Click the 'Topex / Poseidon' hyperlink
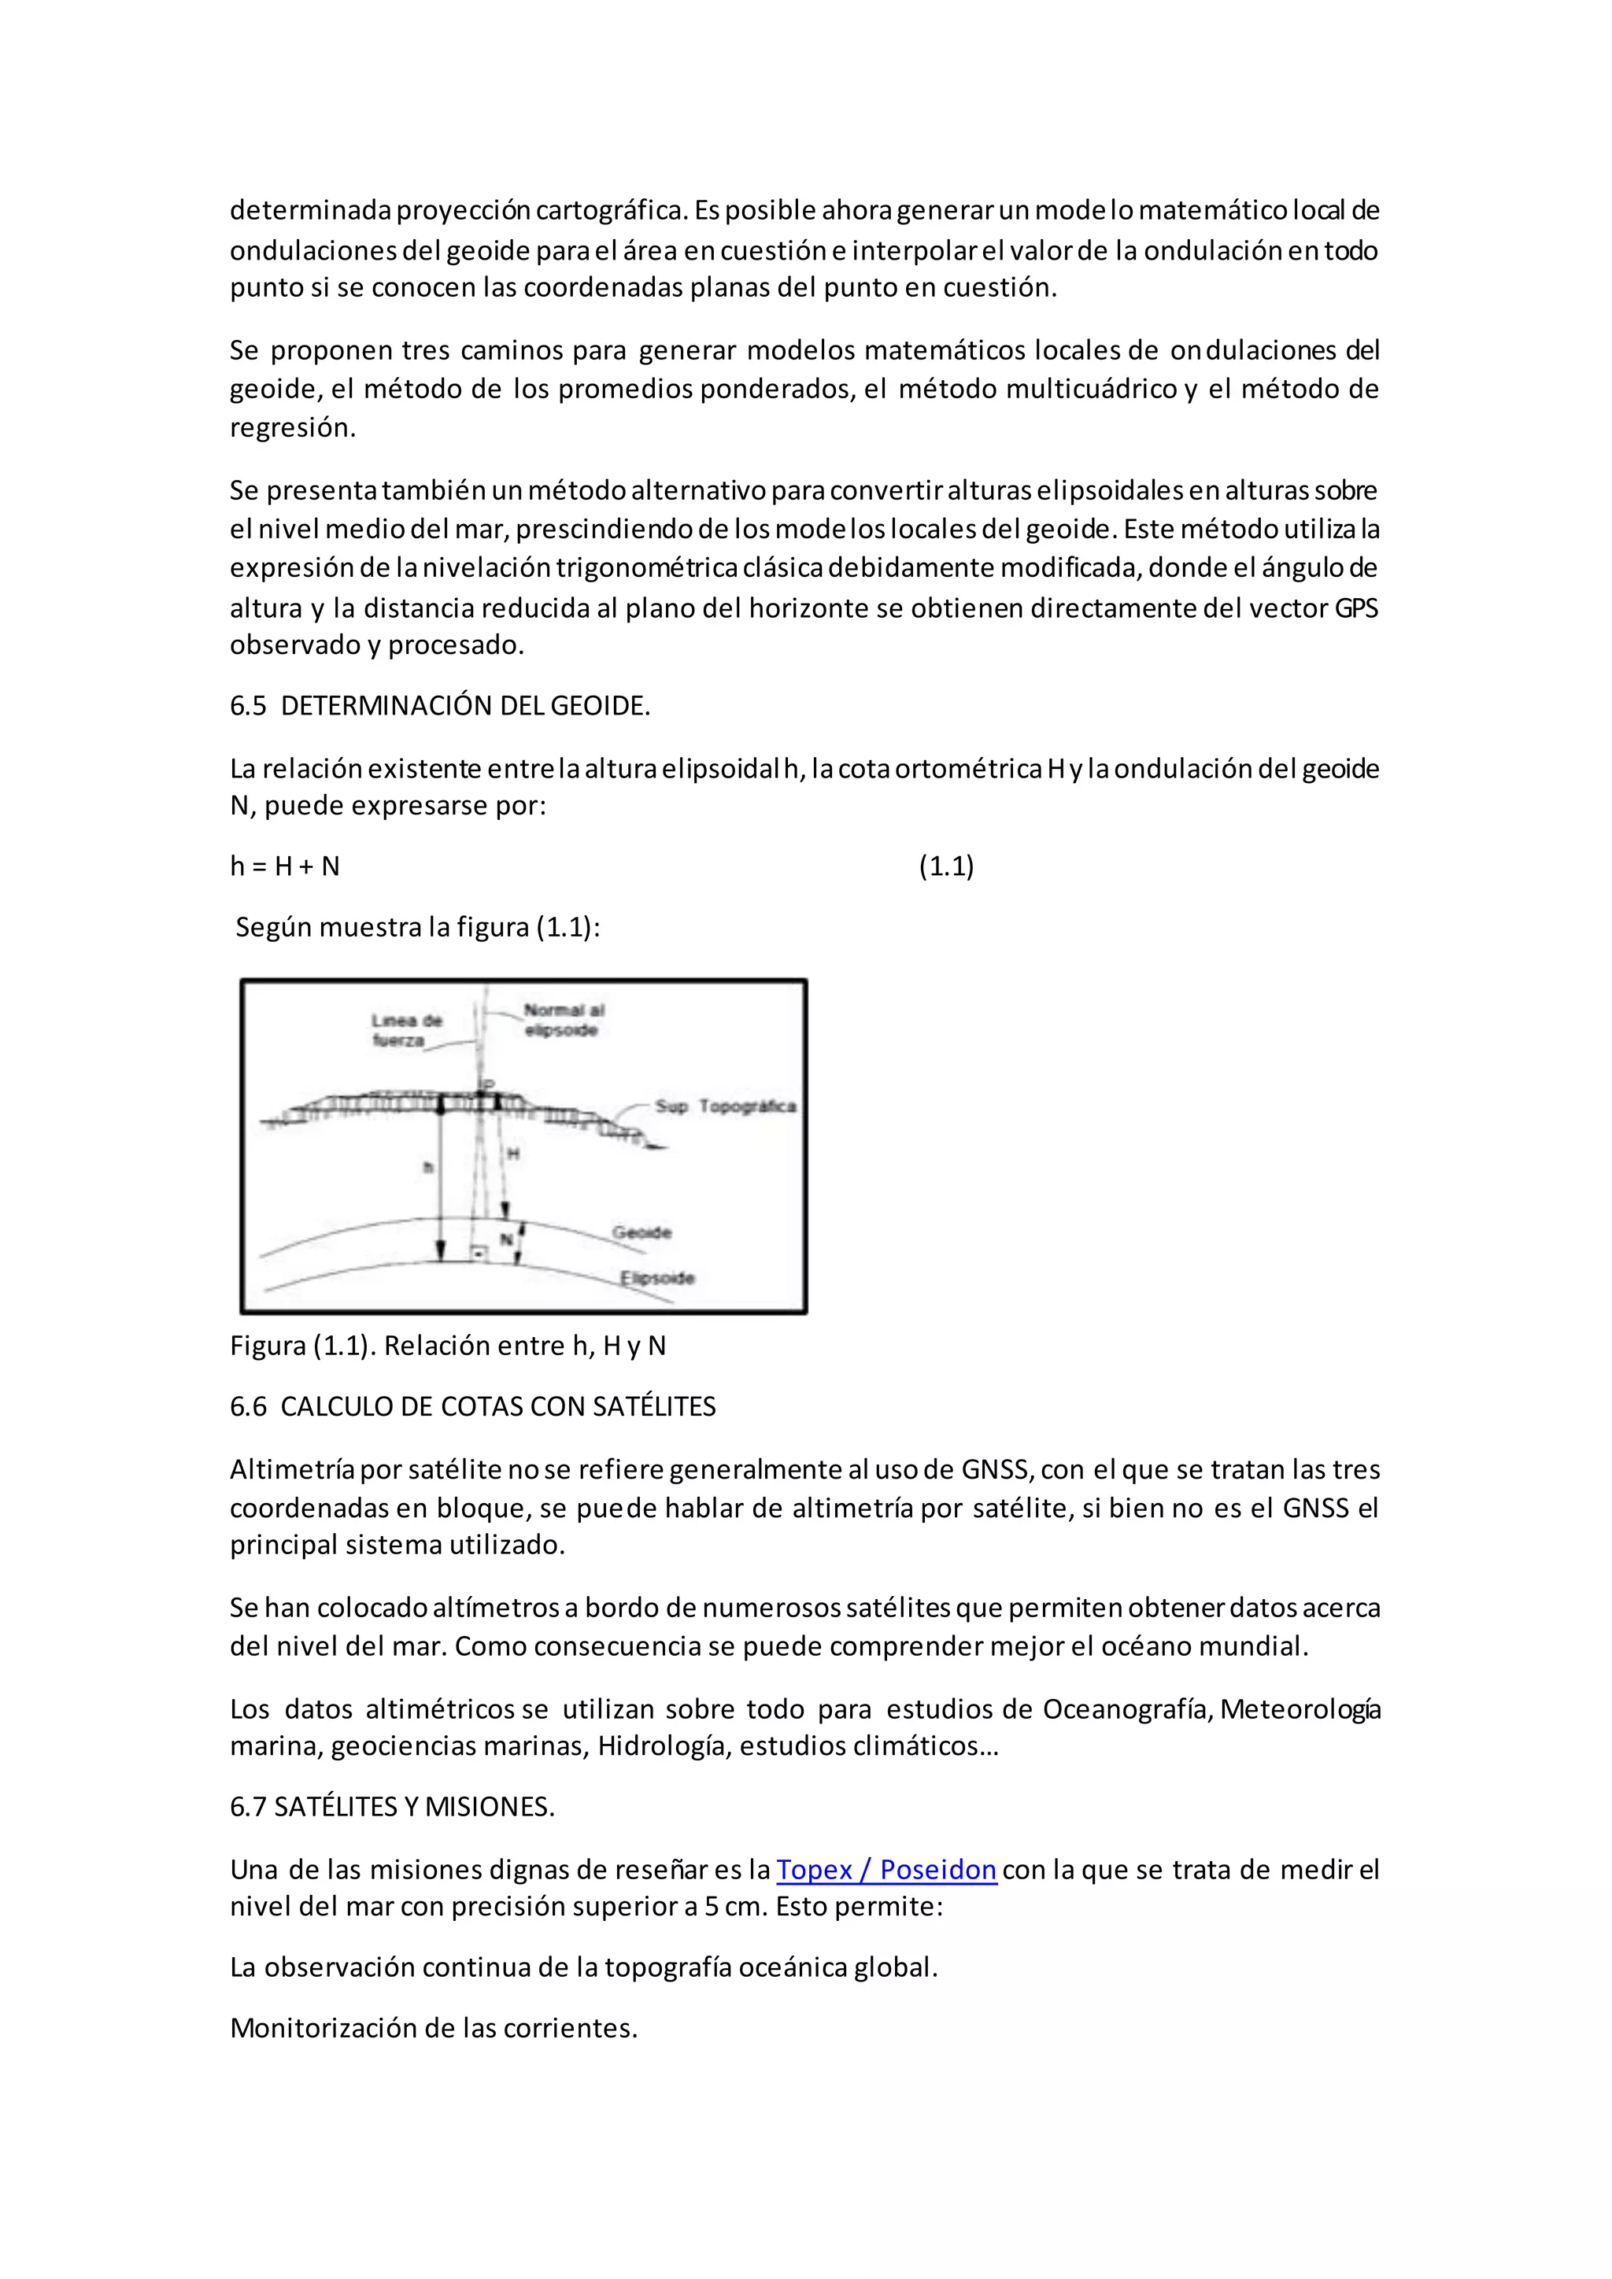pyautogui.click(x=885, y=1869)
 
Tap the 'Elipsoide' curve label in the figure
pyautogui.click(x=657, y=1277)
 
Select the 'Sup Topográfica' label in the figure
pyautogui.click(x=725, y=1106)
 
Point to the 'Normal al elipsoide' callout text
pyautogui.click(x=563, y=1019)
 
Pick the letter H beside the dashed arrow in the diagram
pyautogui.click(x=513, y=1154)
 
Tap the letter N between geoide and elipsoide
pyautogui.click(x=505, y=1239)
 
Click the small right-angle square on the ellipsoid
pyautogui.click(x=479, y=1254)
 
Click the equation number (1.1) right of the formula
pyautogui.click(x=946, y=866)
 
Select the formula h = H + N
pyautogui.click(x=285, y=866)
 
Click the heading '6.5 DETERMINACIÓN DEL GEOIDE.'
pyautogui.click(x=440, y=706)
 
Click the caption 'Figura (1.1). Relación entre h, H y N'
pyautogui.click(x=448, y=1345)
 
